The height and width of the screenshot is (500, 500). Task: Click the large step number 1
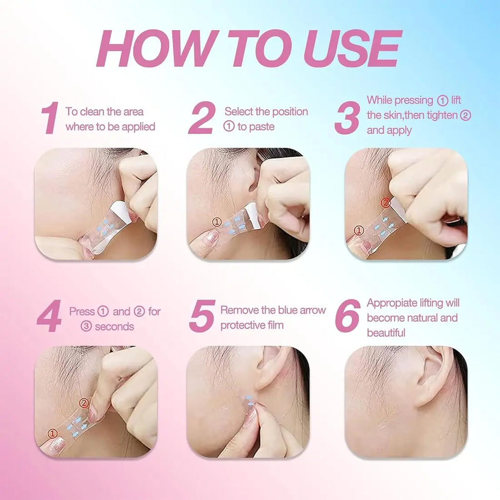pos(51,118)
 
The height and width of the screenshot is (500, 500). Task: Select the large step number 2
pos(201,118)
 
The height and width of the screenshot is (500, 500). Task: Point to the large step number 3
pos(347,118)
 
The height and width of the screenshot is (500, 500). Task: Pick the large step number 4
pos(49,316)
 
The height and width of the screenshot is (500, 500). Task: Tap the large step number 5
pos(202,316)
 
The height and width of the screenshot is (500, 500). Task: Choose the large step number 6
pos(348,316)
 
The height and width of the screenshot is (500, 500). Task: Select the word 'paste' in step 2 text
pos(256,127)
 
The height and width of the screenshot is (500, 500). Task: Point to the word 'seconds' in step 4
pos(114,327)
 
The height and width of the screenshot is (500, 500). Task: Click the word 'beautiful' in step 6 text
pos(386,333)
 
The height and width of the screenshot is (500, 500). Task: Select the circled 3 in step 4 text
pos(86,327)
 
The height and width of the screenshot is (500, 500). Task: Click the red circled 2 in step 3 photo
pos(386,203)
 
